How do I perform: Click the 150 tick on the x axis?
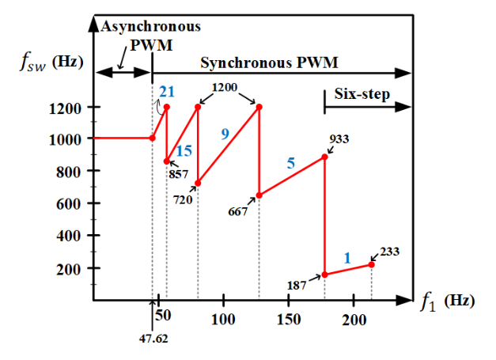(x=289, y=301)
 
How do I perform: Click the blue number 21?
(x=166, y=92)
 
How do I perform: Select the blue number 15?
(x=184, y=150)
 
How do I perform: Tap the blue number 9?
(x=225, y=134)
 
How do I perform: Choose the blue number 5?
(x=290, y=165)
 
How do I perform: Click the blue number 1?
(x=346, y=257)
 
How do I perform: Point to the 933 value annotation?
(x=339, y=139)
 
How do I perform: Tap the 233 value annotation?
(x=389, y=252)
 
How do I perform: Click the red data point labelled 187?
(x=324, y=275)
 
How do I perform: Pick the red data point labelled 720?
(x=198, y=184)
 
